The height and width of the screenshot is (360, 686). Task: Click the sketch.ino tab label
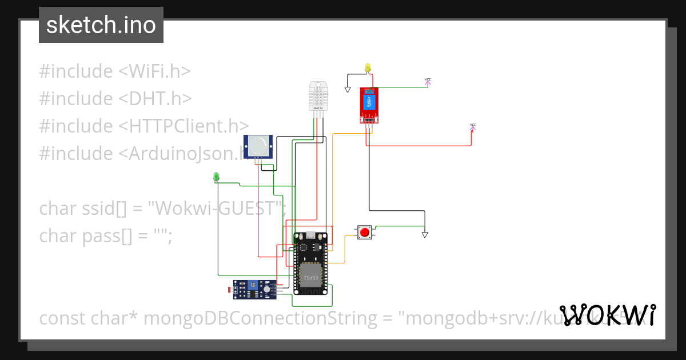[101, 25]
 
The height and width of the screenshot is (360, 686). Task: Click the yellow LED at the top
[368, 68]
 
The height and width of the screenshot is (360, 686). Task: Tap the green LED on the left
[216, 177]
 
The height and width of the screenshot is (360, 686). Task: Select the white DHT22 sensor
[319, 95]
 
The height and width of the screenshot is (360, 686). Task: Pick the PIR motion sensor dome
[258, 146]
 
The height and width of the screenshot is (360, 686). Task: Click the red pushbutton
[364, 233]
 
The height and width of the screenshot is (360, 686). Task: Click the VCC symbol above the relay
[428, 82]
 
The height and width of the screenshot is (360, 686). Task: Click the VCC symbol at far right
[473, 126]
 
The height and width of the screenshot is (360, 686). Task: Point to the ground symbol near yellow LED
[347, 89]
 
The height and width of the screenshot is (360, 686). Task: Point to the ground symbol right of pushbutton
[424, 234]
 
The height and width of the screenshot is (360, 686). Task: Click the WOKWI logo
[607, 314]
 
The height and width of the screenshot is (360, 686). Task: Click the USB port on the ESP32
[310, 235]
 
